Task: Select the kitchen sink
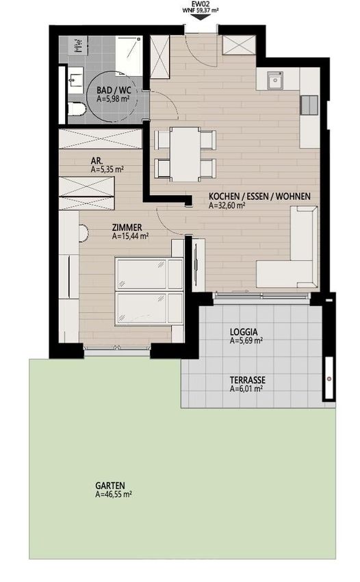click(x=276, y=80)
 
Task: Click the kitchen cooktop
click(x=309, y=105)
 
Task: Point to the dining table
click(x=185, y=154)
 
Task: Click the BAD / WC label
click(x=114, y=90)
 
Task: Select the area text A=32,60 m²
click(x=227, y=205)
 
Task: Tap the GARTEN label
click(x=110, y=485)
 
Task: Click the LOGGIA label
click(x=244, y=332)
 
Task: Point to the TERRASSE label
click(x=248, y=380)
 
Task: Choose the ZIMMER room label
click(x=127, y=227)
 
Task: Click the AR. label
click(x=97, y=161)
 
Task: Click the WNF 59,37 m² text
click(x=201, y=10)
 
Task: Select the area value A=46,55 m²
click(x=114, y=494)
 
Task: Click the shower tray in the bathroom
click(x=129, y=55)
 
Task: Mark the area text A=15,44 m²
click(x=130, y=236)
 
